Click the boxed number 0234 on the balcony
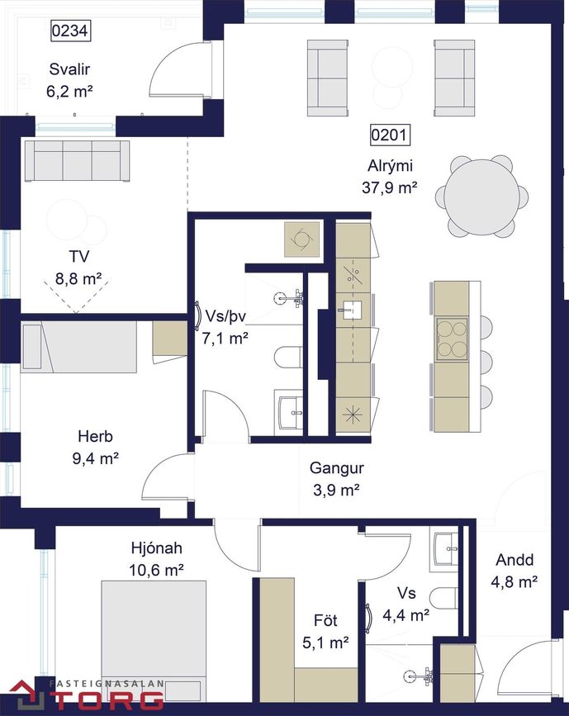(70, 31)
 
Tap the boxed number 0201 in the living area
(389, 135)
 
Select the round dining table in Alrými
(481, 197)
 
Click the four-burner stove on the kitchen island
(452, 339)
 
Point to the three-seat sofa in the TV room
(77, 161)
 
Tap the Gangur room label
(337, 467)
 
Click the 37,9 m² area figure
(389, 187)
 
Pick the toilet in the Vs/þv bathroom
(288, 357)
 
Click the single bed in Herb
(78, 347)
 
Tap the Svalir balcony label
(70, 69)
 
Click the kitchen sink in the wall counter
(350, 310)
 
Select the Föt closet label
(325, 620)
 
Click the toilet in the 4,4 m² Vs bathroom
(443, 598)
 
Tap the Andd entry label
(514, 560)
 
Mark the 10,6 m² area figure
(156, 571)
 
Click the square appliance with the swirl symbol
(302, 239)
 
